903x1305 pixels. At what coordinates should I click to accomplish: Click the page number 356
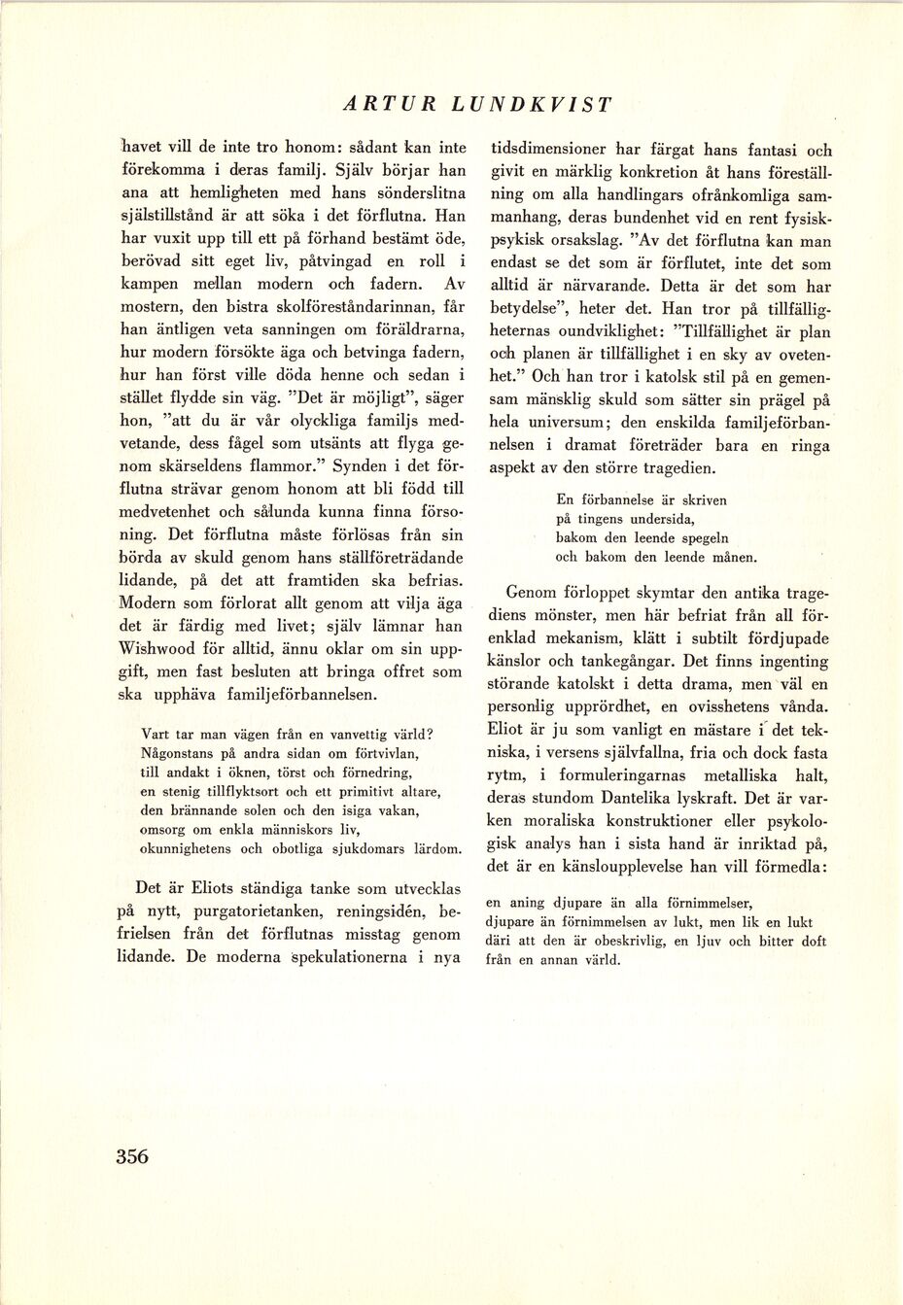click(x=132, y=1156)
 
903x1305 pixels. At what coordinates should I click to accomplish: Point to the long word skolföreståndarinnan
click(x=342, y=306)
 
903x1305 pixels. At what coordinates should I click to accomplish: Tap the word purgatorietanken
click(x=257, y=911)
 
